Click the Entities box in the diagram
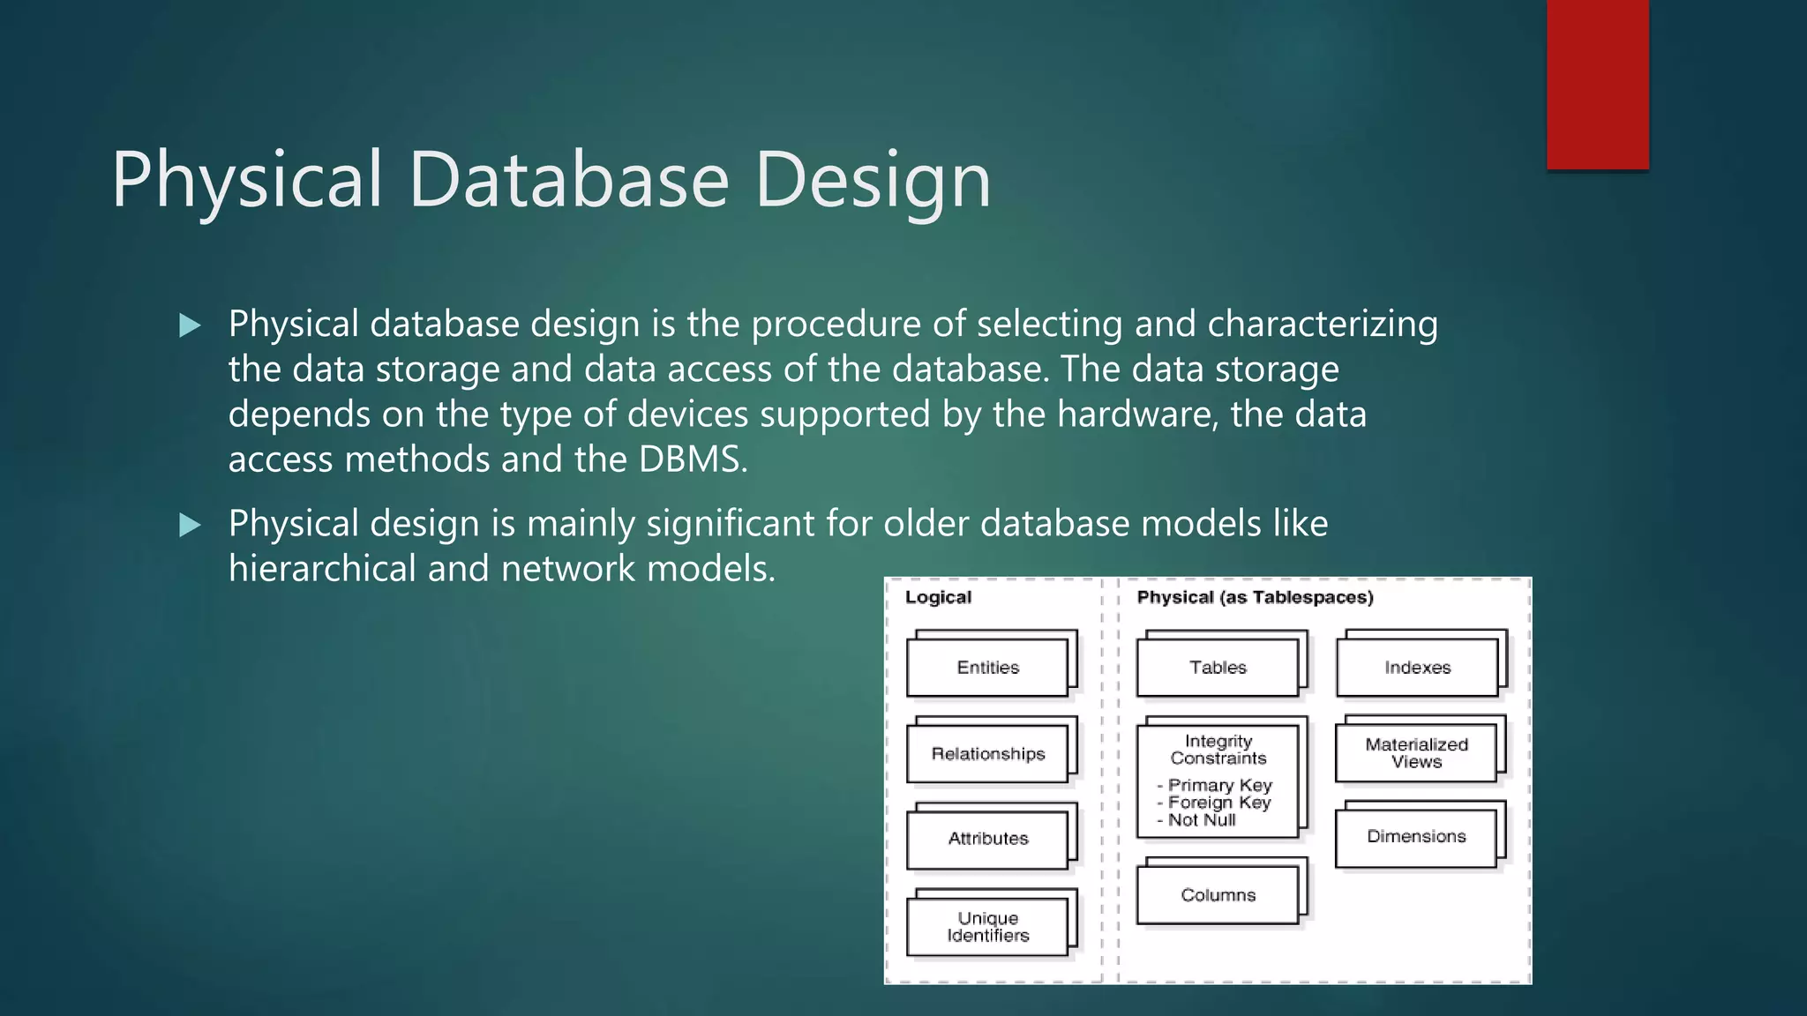987,668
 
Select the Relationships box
987,754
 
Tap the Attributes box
987,839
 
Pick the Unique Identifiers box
987,927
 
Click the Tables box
1218,668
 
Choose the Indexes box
1417,668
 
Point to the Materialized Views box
1416,753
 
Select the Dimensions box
1416,836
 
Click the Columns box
1218,895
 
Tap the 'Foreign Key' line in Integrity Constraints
1218,803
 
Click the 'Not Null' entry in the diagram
1201,820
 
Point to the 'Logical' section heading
938,597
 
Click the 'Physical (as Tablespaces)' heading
1255,597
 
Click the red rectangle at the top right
1597,84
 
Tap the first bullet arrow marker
190,325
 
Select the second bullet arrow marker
190,526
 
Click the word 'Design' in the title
873,181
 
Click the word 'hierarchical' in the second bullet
322,569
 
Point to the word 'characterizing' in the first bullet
1322,325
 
